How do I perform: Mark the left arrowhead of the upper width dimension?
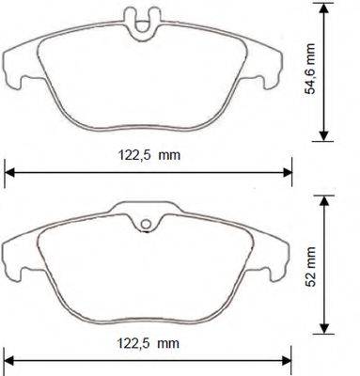10,170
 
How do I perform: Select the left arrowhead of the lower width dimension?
10,357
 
